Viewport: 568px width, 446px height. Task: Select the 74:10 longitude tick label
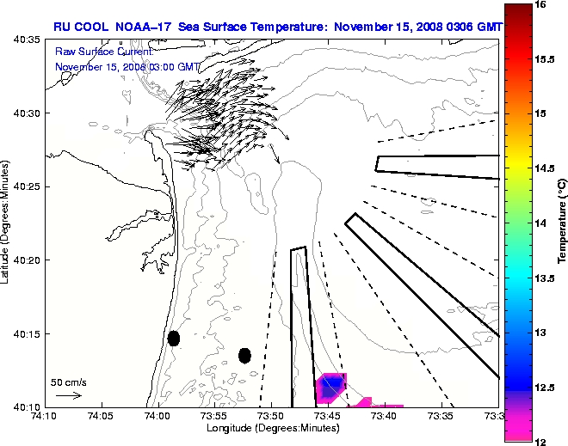click(45, 416)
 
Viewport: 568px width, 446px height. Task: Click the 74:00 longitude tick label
click(157, 416)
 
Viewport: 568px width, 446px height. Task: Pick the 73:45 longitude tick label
click(328, 416)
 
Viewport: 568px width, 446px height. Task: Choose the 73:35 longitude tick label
click(441, 416)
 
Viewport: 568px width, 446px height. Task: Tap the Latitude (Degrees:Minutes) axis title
click(7, 223)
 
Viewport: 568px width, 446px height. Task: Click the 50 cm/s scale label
click(69, 382)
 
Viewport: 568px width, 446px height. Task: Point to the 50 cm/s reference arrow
click(69, 395)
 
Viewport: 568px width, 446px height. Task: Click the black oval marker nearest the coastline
click(173, 338)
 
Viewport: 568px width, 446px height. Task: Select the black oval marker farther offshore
click(244, 355)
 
